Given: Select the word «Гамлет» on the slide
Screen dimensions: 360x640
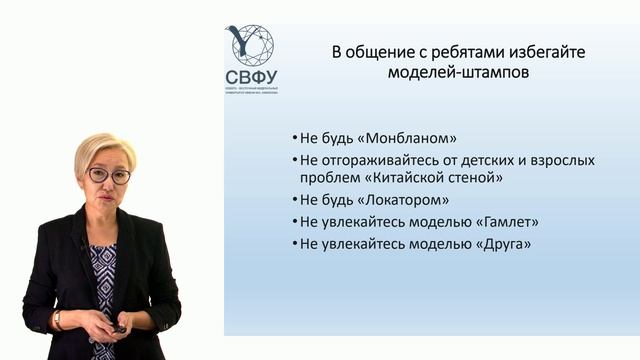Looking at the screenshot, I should [493, 222].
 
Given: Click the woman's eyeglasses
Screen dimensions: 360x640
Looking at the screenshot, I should [109, 175].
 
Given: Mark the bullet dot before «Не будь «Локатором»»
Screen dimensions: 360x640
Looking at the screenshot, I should [295, 201].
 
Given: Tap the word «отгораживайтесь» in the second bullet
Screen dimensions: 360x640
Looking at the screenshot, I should [375, 160].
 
